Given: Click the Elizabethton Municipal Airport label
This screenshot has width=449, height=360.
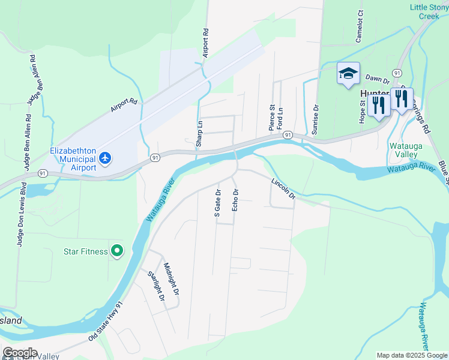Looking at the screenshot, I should pos(73,158).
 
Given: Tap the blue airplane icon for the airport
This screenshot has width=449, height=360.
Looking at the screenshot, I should pos(106,158).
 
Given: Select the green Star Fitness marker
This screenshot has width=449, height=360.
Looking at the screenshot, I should pos(117,251).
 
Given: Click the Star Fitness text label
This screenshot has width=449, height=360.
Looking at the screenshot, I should pos(86,251).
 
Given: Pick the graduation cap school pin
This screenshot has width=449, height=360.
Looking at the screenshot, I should pos(348,74).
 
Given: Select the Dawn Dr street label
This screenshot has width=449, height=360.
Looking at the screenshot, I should pos(378,79).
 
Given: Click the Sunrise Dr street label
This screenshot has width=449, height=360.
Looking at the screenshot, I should pos(315,117).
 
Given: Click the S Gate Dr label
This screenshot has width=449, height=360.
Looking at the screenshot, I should pos(218,203).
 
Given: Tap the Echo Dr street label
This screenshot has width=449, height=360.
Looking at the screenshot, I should pos(235,200).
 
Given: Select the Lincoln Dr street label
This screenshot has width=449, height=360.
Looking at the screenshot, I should pos(283,188).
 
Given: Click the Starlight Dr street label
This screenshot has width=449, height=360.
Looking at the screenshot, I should pos(155,286).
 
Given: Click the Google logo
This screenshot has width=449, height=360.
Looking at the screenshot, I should pos(20,353).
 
